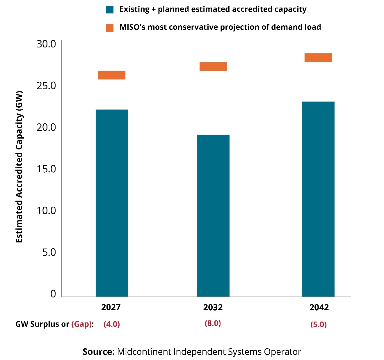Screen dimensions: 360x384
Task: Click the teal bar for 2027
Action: pyautogui.click(x=112, y=203)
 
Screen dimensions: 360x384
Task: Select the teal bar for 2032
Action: pyautogui.click(x=213, y=215)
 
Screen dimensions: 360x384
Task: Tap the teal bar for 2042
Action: pyautogui.click(x=318, y=199)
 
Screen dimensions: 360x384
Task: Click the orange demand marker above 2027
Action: pyautogui.click(x=112, y=75)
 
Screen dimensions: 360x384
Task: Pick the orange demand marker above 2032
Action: pyautogui.click(x=213, y=66)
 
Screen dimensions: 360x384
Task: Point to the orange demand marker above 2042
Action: pyautogui.click(x=318, y=58)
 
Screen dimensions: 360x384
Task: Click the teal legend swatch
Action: pyautogui.click(x=110, y=10)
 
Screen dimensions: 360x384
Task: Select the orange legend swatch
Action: pyautogui.click(x=110, y=28)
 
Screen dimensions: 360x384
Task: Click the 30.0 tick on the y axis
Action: pyautogui.click(x=46, y=44)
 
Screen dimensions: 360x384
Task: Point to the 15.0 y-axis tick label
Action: pyautogui.click(x=46, y=169)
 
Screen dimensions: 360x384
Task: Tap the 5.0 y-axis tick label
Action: pyautogui.click(x=49, y=252)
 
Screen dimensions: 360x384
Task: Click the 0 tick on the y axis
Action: pyautogui.click(x=53, y=294)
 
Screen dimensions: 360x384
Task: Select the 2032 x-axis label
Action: pyautogui.click(x=213, y=307)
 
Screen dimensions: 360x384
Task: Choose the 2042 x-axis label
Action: pyautogui.click(x=319, y=307)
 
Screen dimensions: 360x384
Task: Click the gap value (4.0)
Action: pyautogui.click(x=112, y=324)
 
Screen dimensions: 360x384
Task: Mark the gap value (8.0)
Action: pyautogui.click(x=213, y=323)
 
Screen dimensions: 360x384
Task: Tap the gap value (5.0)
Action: pyautogui.click(x=319, y=324)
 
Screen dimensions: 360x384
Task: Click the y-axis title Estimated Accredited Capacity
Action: pyautogui.click(x=19, y=167)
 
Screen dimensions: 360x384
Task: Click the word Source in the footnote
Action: pyautogui.click(x=98, y=352)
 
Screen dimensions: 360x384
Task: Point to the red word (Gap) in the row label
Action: pyautogui.click(x=81, y=324)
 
